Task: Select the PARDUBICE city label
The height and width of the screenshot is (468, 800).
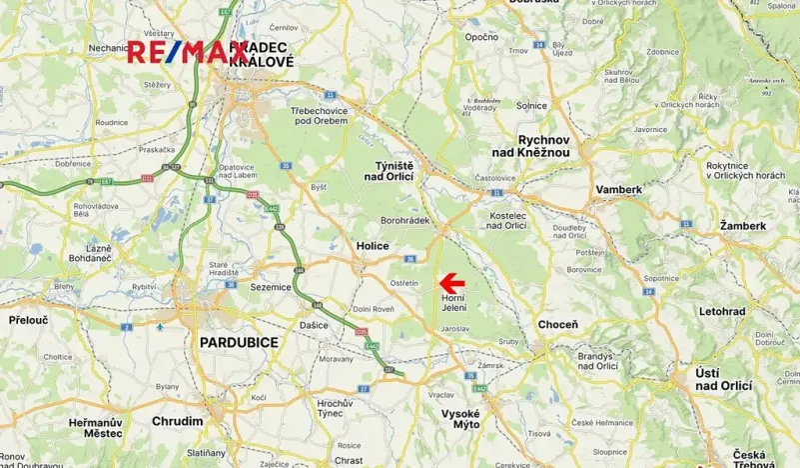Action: (x=239, y=342)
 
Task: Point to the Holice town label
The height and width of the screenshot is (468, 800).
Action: (x=372, y=246)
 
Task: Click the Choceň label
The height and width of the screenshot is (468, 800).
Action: (x=558, y=325)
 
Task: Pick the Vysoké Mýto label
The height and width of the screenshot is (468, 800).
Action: (x=460, y=419)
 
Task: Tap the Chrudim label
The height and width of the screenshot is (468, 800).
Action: (x=178, y=421)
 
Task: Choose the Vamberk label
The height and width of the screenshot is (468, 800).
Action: (x=619, y=189)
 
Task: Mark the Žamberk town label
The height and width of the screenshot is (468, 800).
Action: (x=742, y=226)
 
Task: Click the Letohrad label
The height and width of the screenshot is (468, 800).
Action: (x=722, y=311)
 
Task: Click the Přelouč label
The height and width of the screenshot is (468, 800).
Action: (x=26, y=321)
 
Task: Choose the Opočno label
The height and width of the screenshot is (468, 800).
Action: (x=481, y=37)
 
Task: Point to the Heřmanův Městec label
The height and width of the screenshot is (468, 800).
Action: (x=96, y=427)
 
